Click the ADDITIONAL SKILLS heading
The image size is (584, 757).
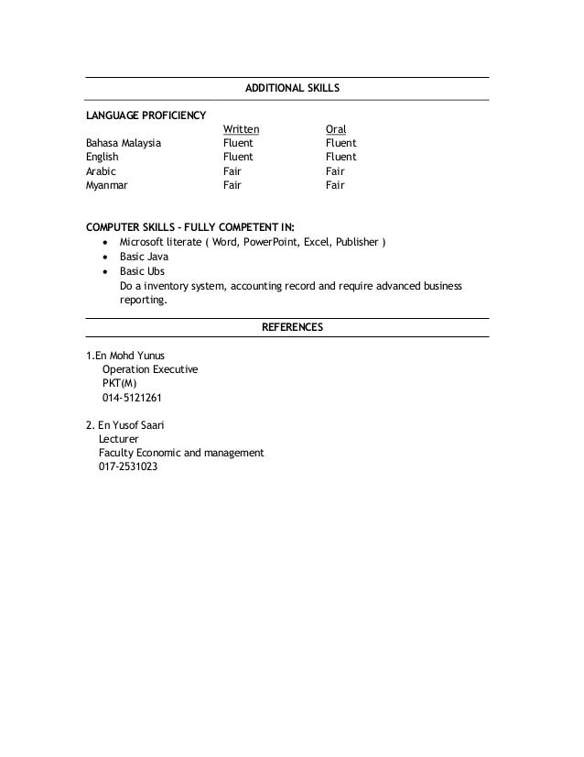292,89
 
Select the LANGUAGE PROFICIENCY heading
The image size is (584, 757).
146,115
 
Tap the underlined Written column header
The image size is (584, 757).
242,130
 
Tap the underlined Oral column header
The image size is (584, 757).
336,130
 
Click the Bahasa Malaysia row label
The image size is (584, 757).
124,144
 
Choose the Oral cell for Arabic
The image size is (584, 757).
335,170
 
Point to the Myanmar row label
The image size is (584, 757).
107,184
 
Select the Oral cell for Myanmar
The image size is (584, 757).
335,184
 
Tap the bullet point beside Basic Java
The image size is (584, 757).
109,258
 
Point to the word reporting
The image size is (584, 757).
144,299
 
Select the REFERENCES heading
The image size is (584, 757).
292,327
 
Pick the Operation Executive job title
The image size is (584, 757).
150,369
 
